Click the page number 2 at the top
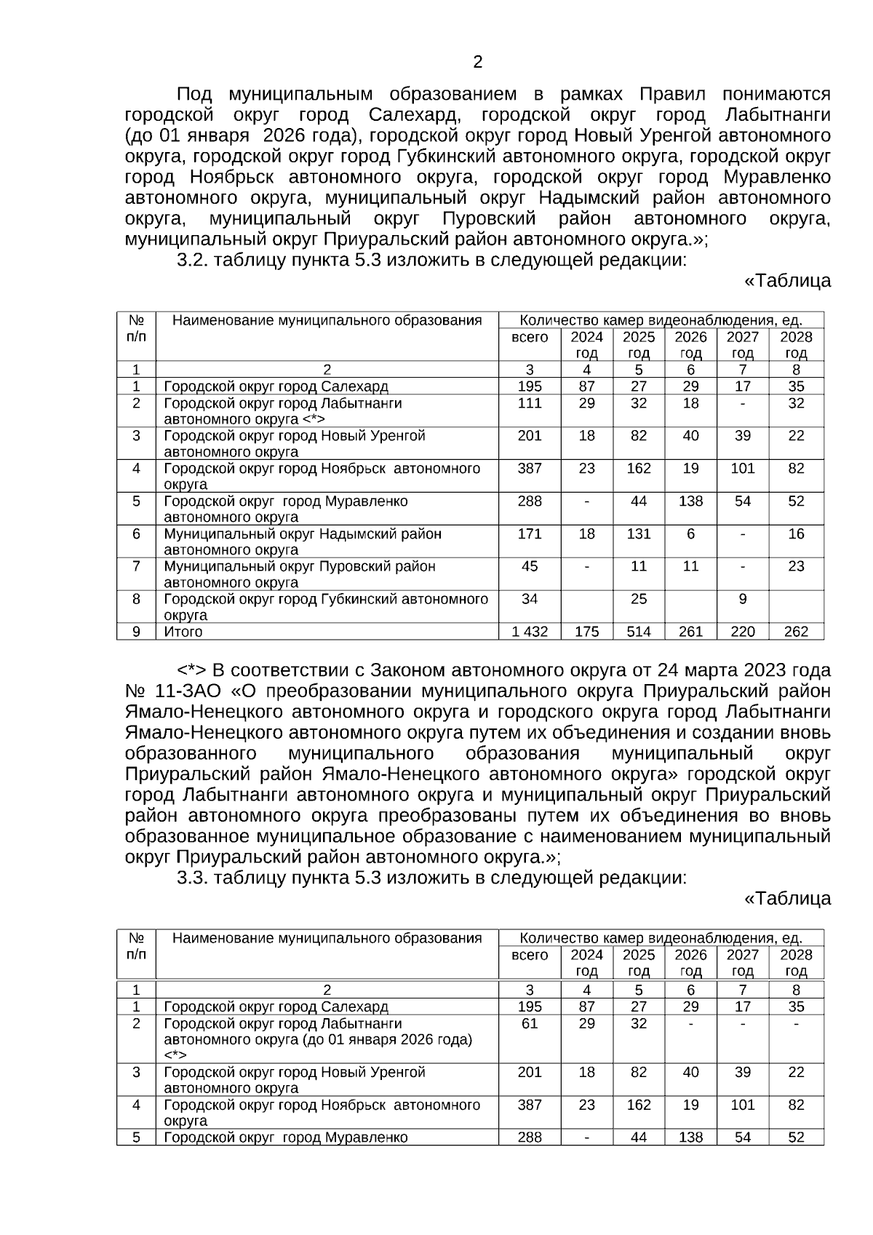[478, 63]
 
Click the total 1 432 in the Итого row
[530, 632]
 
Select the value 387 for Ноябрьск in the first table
[530, 469]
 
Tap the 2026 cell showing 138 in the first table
[690, 501]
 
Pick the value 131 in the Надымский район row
[639, 534]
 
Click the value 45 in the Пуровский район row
[530, 566]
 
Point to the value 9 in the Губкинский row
[742, 599]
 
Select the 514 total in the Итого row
[639, 632]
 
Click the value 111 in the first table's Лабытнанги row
[530, 403]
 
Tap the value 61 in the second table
[530, 1024]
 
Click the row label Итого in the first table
[183, 632]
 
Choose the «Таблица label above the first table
[786, 281]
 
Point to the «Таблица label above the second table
[786, 899]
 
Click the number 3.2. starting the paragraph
[194, 260]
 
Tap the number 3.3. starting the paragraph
[194, 878]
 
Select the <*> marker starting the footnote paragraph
[192, 670]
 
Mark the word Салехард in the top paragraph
[414, 115]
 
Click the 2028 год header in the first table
[796, 345]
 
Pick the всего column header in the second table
[530, 955]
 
